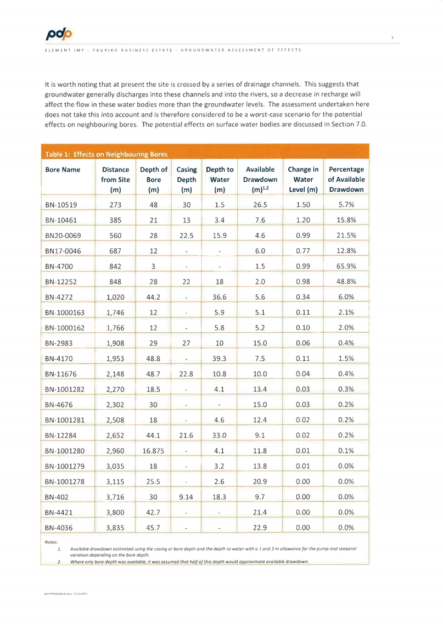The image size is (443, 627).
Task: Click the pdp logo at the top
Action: (59, 34)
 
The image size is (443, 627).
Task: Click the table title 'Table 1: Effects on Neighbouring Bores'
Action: (106, 154)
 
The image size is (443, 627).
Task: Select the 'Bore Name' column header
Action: (63, 170)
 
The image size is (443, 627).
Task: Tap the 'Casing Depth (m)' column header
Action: (187, 179)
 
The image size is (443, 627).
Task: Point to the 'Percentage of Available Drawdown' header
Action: (346, 179)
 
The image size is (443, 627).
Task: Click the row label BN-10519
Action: (61, 205)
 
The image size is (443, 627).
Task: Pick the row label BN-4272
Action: (59, 297)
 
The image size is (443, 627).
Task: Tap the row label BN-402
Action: (57, 497)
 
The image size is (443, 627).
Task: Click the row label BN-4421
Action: (59, 512)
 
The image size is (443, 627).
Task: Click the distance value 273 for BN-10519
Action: (115, 205)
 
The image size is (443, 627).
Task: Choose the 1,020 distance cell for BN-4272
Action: (115, 297)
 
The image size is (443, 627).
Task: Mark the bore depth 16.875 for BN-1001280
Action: (154, 451)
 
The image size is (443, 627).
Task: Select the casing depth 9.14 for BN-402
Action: (187, 497)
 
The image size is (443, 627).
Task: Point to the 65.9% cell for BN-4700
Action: (346, 266)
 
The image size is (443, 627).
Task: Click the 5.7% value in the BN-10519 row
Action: (346, 205)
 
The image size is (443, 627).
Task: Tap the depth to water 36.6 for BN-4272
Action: (220, 297)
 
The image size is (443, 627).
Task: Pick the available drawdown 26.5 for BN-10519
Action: (260, 205)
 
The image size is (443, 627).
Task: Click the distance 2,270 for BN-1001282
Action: (115, 389)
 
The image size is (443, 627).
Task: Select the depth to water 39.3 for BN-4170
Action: (220, 359)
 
